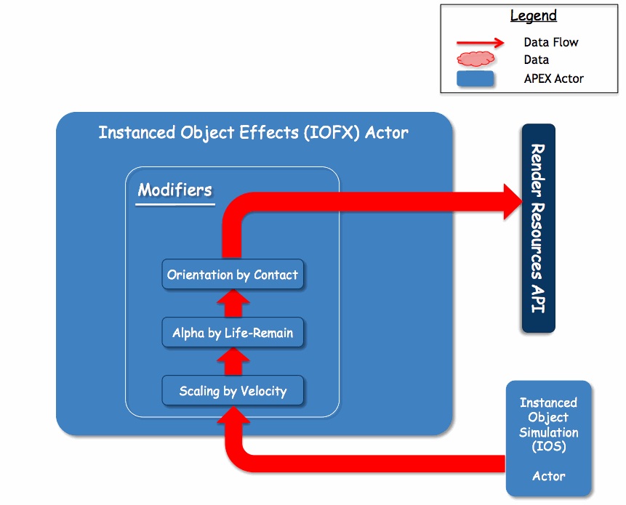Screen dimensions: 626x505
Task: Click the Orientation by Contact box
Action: (x=233, y=275)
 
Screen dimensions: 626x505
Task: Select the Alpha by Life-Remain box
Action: (x=233, y=332)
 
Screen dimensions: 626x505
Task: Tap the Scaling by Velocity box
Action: (x=233, y=390)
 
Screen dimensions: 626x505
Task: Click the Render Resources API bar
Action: (x=539, y=228)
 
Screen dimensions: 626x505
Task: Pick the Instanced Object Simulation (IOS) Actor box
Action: (x=548, y=438)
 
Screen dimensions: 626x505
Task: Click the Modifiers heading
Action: (x=175, y=190)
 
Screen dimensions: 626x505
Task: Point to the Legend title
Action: (x=534, y=15)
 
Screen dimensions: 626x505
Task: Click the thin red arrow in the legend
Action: (x=481, y=42)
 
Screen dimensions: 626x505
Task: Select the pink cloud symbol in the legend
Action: (x=475, y=59)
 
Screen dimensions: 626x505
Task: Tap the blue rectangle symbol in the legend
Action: (x=475, y=78)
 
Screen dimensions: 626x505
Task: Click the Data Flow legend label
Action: (x=551, y=42)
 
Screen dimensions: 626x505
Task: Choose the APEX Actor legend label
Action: (x=554, y=78)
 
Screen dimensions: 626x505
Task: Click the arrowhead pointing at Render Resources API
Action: (x=513, y=201)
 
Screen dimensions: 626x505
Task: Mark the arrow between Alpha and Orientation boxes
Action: (x=233, y=304)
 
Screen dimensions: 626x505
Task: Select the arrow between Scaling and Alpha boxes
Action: (x=233, y=361)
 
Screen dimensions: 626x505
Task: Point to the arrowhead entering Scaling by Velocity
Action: (x=233, y=415)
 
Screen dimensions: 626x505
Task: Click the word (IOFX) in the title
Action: (x=332, y=133)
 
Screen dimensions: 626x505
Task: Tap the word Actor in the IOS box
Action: (x=548, y=476)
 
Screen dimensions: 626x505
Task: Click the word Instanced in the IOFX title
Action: (x=137, y=132)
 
